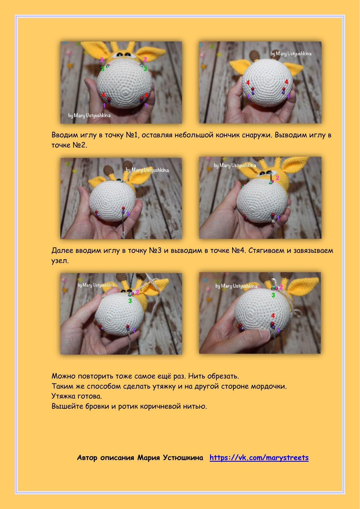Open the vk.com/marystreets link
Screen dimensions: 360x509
(x=259, y=458)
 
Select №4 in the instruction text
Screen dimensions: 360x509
(x=238, y=250)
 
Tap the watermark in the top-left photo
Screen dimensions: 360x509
(x=89, y=115)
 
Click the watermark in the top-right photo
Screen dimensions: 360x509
(x=291, y=54)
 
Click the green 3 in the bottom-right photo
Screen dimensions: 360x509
(x=273, y=295)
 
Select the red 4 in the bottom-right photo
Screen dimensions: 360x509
(x=273, y=316)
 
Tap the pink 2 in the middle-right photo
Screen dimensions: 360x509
(x=277, y=178)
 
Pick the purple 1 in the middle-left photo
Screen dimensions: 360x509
(x=128, y=214)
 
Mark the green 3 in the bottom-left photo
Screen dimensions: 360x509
(x=130, y=301)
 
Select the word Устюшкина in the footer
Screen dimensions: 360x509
(x=183, y=458)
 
